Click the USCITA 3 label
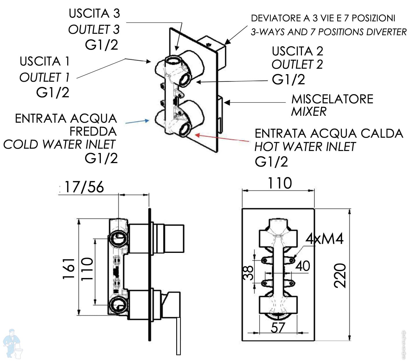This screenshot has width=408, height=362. (x=94, y=14)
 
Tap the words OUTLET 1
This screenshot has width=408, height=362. (x=44, y=77)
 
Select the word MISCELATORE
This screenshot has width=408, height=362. (x=332, y=99)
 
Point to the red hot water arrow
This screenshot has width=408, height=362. (x=222, y=138)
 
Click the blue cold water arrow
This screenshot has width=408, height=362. (x=137, y=122)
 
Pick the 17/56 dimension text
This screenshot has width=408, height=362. (x=84, y=187)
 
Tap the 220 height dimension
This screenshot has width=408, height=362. (x=340, y=275)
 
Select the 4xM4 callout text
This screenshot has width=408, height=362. (x=324, y=239)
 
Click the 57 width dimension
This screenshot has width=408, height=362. (x=278, y=328)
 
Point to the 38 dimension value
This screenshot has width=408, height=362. (x=248, y=273)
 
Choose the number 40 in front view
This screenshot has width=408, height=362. (x=303, y=266)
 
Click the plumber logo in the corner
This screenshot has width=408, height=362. (x=13, y=344)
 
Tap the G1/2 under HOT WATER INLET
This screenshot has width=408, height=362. (x=271, y=162)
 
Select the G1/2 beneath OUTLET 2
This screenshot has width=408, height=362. (x=288, y=79)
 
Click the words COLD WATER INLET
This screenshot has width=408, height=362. (x=59, y=144)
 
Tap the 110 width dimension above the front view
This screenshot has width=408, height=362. (x=279, y=183)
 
